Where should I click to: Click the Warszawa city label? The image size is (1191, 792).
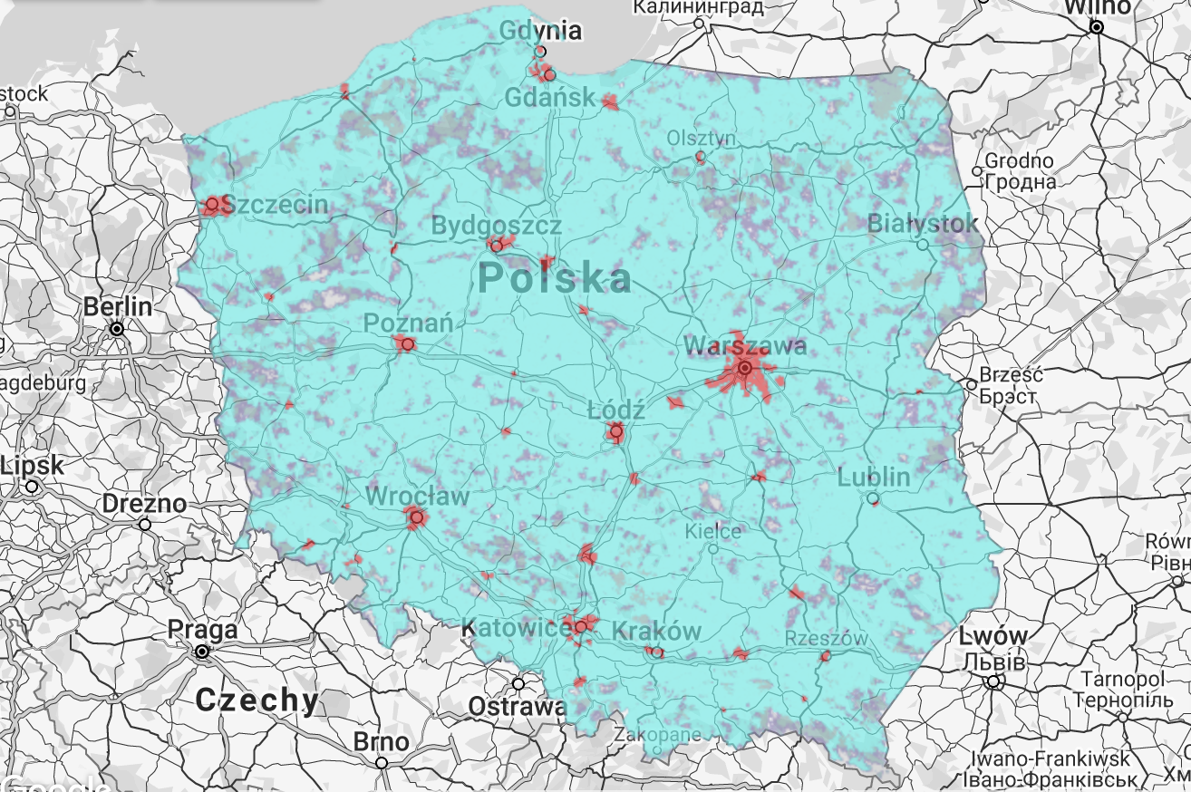click(745, 346)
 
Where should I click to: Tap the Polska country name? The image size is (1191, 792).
click(554, 278)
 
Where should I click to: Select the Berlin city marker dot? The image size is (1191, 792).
click(117, 329)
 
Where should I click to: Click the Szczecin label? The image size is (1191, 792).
click(275, 205)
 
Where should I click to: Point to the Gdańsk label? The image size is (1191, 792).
click(551, 97)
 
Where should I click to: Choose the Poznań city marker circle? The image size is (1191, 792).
click(408, 344)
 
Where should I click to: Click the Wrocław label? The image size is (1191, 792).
click(418, 497)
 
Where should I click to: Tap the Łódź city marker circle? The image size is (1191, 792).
click(616, 432)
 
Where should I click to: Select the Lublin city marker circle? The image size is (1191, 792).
click(872, 498)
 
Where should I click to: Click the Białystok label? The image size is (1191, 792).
click(923, 223)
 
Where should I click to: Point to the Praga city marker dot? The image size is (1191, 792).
click(202, 652)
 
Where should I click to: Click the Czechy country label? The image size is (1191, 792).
click(257, 700)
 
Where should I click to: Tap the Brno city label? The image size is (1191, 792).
click(381, 742)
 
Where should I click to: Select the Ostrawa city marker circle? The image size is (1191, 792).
click(518, 684)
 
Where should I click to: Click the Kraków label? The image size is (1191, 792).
click(657, 631)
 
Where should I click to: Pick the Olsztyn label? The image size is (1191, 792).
click(702, 138)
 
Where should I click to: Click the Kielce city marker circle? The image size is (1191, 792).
click(713, 548)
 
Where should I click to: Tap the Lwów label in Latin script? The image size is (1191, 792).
click(993, 636)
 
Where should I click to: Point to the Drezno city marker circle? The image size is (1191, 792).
click(145, 524)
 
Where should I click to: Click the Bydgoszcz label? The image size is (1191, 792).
click(496, 225)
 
